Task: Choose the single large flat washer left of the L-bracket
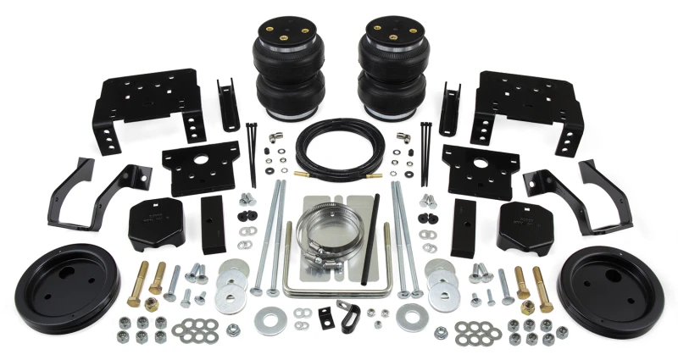tap(275, 319)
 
